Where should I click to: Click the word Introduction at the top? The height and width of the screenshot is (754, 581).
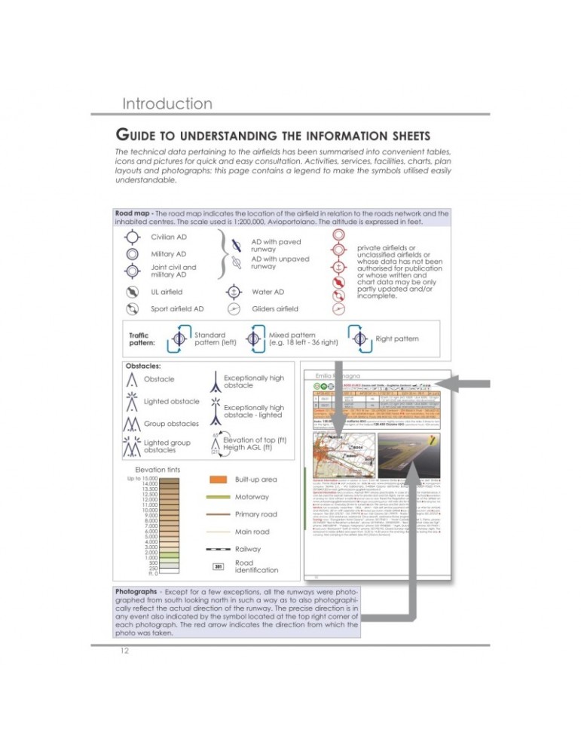[167, 103]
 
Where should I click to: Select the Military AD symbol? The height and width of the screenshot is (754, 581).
[131, 254]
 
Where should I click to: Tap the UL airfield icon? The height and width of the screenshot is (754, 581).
[131, 291]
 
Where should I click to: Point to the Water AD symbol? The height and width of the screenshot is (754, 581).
[236, 291]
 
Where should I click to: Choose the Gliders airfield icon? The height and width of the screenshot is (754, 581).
[236, 308]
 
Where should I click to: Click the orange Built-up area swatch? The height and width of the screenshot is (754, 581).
[219, 480]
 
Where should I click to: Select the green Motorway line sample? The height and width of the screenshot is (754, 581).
[219, 497]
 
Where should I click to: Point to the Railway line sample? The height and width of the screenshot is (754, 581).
[219, 550]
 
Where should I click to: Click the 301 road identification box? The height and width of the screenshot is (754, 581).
[219, 566]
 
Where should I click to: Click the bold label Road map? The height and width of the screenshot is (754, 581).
[133, 213]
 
